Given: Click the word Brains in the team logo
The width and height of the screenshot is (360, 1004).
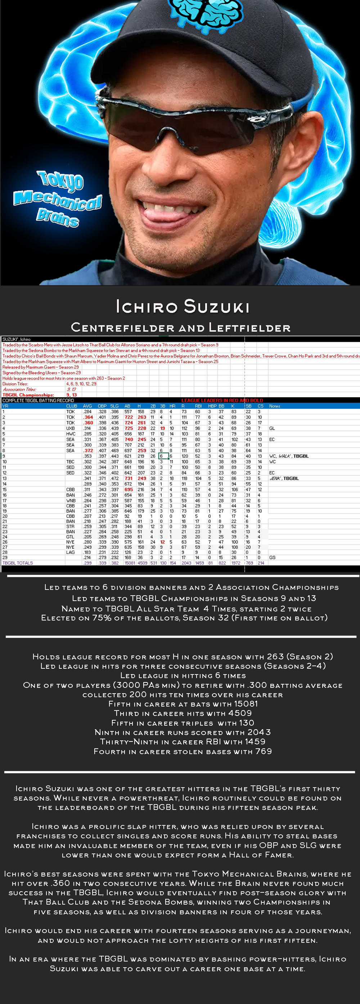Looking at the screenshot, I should (58, 217).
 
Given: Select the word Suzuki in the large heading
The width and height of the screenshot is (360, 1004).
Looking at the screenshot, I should (217, 307).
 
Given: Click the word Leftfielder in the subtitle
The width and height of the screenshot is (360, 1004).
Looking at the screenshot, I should (250, 328).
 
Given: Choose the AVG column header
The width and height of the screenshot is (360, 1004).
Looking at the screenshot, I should (87, 406).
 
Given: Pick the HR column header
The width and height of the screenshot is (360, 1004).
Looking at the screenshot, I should (172, 406).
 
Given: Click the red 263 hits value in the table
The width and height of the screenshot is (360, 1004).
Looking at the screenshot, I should (142, 417).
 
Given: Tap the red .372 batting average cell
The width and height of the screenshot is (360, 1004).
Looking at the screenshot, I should (88, 451).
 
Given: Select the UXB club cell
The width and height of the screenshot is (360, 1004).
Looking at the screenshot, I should (71, 428).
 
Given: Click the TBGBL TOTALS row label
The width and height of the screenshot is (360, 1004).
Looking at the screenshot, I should (18, 563).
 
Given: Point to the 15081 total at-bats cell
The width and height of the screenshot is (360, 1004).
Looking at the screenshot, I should (130, 563).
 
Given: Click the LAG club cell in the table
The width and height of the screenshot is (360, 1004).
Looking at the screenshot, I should (71, 552).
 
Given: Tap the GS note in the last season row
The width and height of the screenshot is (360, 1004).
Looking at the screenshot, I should (272, 558).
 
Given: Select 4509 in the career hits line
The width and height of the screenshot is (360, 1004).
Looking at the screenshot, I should (240, 713).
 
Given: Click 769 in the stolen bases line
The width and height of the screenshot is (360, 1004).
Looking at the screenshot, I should (264, 751).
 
